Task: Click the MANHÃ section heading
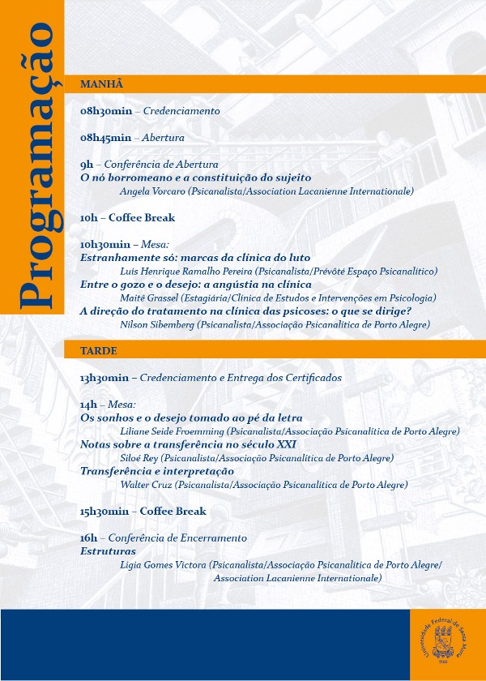pyautogui.click(x=101, y=84)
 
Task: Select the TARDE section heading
pyautogui.click(x=99, y=351)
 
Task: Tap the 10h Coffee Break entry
pyautogui.click(x=127, y=217)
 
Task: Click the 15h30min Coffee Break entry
pyautogui.click(x=143, y=512)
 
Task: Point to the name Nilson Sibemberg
pyautogui.click(x=158, y=324)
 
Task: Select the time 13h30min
pyautogui.click(x=104, y=378)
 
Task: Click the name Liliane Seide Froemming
pyautogui.click(x=172, y=431)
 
